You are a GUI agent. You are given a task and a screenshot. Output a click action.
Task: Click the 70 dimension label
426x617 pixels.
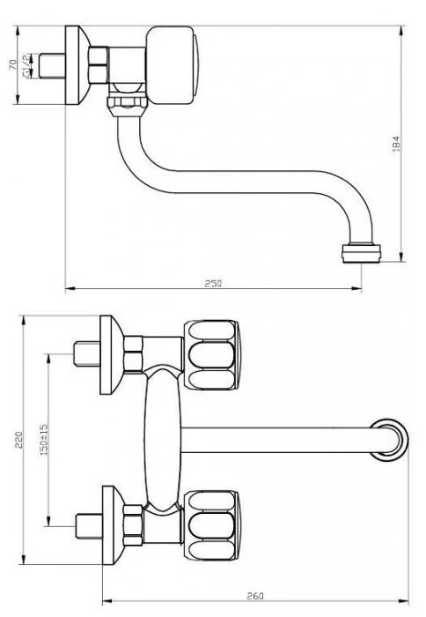pos(12,64)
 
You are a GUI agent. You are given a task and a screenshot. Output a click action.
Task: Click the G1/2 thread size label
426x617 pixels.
pos(26,65)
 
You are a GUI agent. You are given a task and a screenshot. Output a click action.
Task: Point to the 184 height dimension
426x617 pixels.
pos(396,144)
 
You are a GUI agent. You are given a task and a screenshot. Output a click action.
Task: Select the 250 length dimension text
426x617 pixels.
pos(213,283)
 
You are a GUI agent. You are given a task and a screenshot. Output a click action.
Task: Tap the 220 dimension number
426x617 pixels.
pos(18,440)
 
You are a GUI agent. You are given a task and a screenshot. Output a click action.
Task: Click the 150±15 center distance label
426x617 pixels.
pos(44,440)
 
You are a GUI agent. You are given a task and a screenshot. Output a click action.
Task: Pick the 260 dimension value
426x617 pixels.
pos(255,596)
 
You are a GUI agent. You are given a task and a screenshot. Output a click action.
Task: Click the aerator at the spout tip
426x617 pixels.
pos(361,253)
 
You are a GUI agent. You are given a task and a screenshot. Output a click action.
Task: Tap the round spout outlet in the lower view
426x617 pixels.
pos(389,440)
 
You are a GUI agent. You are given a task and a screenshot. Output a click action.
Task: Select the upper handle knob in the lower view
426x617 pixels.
pos(211,355)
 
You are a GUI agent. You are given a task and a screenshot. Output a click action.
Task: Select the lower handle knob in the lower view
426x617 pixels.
pos(211,525)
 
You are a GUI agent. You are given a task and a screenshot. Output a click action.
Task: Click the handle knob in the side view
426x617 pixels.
pos(173,65)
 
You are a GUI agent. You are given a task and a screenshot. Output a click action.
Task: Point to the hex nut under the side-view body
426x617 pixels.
pos(128,107)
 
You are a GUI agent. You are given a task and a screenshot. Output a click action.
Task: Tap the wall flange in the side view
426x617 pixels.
pos(77,65)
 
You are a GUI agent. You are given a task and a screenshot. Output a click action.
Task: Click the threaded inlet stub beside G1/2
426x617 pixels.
pos(52,65)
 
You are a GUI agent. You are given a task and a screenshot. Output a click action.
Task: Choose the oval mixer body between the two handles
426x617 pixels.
pos(163,440)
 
